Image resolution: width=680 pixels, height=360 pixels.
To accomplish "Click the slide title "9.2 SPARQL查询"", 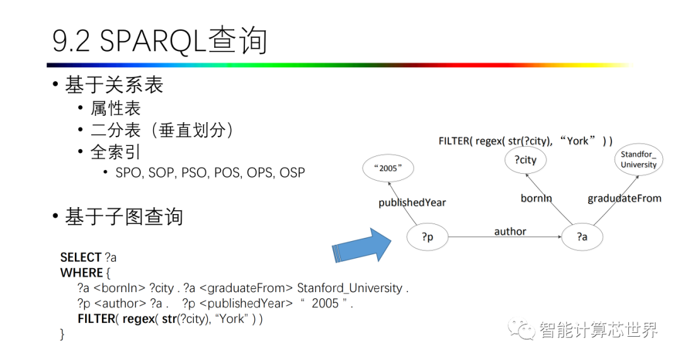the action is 160,40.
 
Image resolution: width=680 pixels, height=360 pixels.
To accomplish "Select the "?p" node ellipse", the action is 428,237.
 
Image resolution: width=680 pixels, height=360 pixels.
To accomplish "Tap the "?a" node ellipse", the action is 582,237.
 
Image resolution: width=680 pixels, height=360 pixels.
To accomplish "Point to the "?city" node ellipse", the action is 526,160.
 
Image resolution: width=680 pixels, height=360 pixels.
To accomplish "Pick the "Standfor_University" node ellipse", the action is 638,159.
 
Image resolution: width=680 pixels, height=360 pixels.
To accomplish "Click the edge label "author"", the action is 510,232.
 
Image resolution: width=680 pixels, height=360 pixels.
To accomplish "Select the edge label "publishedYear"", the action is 412,202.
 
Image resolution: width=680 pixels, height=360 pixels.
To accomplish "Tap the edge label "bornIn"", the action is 536,198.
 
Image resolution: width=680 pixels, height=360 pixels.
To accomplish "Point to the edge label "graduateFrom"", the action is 624,198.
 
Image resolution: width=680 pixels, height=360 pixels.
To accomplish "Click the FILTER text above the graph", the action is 525,141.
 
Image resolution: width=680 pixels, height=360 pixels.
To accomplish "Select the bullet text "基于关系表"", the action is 114,86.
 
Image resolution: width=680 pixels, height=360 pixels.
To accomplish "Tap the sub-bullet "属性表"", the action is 115,108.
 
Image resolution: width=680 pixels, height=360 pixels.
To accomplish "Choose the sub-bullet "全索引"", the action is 115,152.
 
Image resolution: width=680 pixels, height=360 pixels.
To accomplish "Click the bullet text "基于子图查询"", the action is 124,217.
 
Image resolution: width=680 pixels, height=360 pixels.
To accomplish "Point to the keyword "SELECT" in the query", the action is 81,257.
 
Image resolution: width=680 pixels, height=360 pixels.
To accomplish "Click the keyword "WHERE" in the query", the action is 81,273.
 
